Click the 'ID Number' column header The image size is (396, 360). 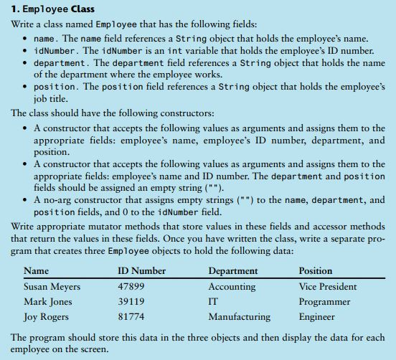pyautogui.click(x=141, y=271)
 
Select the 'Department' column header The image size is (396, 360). pyautogui.click(x=233, y=271)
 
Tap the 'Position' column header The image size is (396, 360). pyautogui.click(x=316, y=271)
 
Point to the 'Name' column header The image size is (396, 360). pyautogui.click(x=36, y=271)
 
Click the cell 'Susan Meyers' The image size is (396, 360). pyautogui.click(x=52, y=287)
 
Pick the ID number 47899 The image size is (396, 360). pyautogui.click(x=131, y=287)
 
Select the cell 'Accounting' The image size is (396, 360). pyautogui.click(x=232, y=287)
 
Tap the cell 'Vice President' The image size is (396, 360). pyautogui.click(x=328, y=287)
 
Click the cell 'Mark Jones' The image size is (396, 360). pyautogui.click(x=47, y=302)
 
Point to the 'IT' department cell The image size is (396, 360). pyautogui.click(x=213, y=302)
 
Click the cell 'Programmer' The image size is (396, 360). pyautogui.click(x=324, y=302)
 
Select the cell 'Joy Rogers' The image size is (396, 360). pyautogui.click(x=46, y=317)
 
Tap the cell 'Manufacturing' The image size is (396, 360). pyautogui.click(x=240, y=317)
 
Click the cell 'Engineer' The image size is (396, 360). pyautogui.click(x=316, y=317)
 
